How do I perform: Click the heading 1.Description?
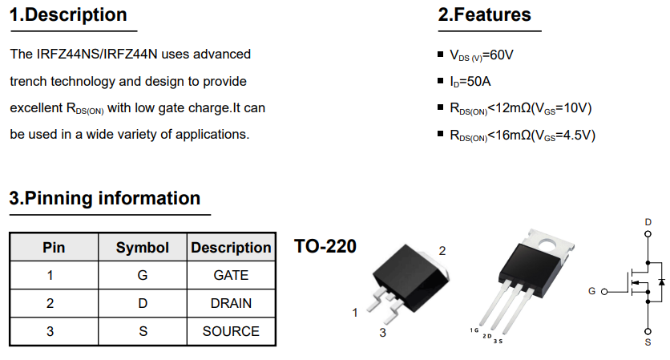68,15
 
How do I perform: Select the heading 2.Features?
484,15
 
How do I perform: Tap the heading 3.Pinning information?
105,198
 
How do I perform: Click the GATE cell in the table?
231,275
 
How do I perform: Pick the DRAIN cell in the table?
231,303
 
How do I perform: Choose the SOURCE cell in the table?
231,331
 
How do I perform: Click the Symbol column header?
143,248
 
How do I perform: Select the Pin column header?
54,248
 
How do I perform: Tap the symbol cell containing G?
143,275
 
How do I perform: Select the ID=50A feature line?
470,82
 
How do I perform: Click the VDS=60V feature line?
481,55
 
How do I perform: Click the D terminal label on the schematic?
648,221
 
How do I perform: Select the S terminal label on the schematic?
648,342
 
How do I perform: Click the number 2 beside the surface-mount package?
442,251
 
